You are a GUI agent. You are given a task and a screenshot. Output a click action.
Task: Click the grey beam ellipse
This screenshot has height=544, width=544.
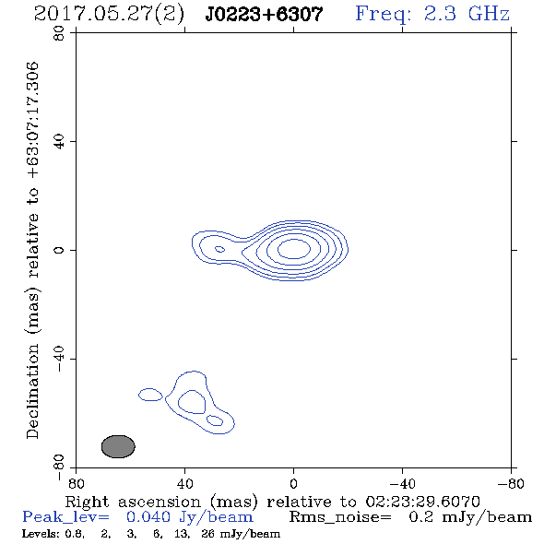118,446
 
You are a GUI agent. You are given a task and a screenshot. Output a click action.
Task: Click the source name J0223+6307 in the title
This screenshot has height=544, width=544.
264,14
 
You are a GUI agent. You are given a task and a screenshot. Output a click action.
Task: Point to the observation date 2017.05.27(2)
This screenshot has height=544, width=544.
109,15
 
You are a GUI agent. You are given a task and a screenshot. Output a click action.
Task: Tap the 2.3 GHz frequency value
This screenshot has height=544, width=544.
467,14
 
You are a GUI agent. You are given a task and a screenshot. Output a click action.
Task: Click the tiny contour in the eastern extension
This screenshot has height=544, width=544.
219,249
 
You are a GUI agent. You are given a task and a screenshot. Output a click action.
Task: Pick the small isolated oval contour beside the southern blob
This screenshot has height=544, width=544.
150,395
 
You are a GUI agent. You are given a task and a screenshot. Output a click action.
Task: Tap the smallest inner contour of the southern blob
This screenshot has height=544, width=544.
215,420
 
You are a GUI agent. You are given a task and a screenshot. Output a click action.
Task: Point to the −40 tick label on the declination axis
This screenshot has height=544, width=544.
59,359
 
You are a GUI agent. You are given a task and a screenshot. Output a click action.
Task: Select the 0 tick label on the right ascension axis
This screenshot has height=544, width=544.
293,483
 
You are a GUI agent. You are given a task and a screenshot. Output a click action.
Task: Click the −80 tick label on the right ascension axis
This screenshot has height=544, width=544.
511,483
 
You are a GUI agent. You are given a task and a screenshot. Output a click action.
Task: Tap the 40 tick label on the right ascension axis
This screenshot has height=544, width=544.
184,483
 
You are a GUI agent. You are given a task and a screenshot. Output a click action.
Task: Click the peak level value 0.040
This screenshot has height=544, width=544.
148,517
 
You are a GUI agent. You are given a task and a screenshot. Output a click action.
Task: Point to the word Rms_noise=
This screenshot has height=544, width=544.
340,517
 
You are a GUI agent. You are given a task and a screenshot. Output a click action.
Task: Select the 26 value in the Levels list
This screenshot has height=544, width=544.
208,534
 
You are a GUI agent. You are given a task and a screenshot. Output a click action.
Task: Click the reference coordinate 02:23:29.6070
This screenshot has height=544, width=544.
422,502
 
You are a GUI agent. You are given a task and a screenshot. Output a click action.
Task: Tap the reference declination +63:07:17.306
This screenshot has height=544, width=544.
32,121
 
